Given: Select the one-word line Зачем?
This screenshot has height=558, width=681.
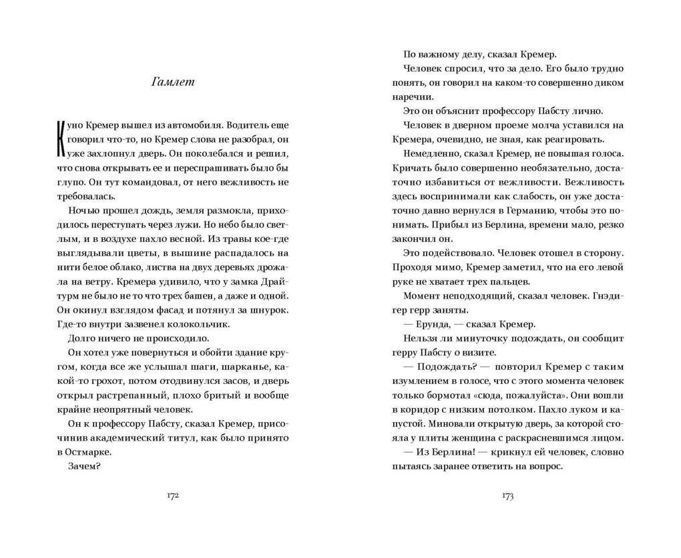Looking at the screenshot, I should (84, 466).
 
